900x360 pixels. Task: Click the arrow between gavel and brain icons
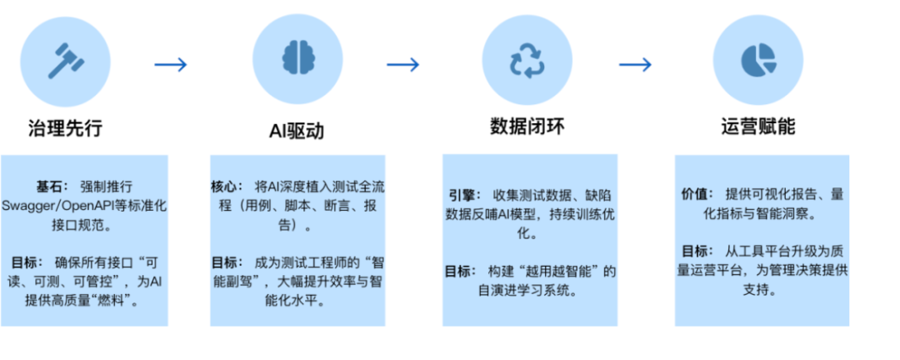tap(172, 64)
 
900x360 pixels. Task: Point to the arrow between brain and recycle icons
tap(402, 64)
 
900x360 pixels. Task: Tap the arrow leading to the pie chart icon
tap(636, 64)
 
